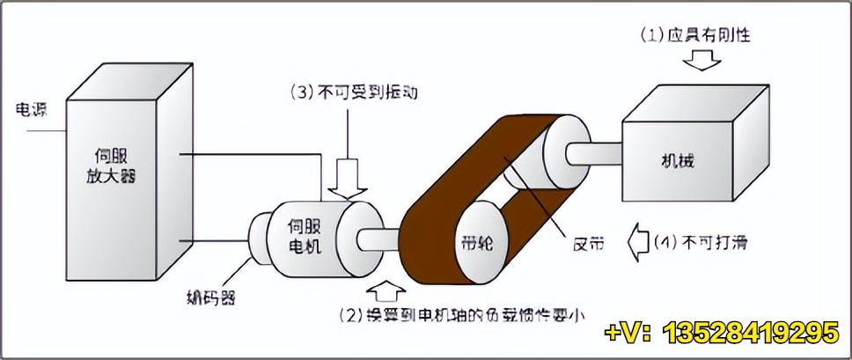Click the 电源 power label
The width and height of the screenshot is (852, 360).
32,111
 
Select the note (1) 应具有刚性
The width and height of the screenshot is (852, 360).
695,36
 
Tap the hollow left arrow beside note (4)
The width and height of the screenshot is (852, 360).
638,239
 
